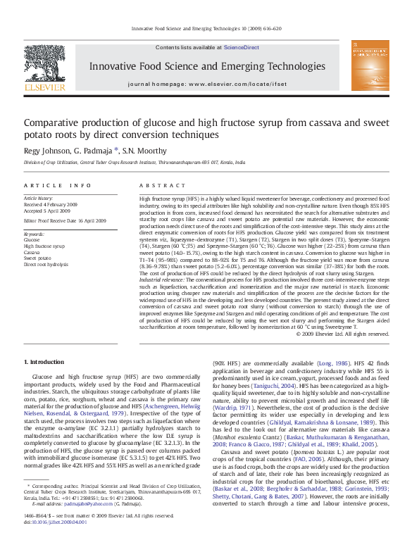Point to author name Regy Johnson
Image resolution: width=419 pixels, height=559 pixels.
tap(46, 150)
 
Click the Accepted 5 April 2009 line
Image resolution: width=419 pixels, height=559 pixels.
tap(47, 211)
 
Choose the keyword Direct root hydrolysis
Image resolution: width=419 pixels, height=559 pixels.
tap(46, 265)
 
